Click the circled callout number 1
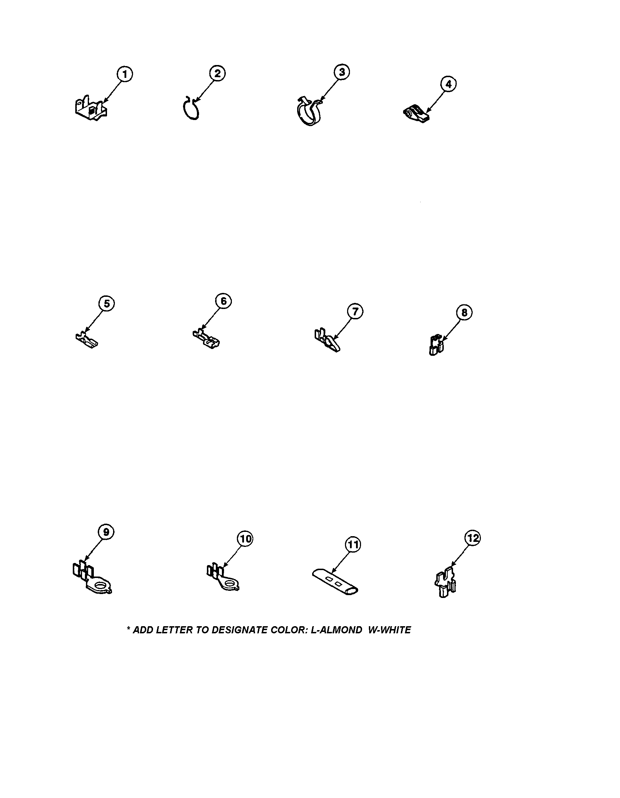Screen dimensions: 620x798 click(x=125, y=75)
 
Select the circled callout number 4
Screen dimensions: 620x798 click(x=448, y=84)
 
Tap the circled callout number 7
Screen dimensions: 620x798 click(x=355, y=312)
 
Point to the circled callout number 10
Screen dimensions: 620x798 click(x=245, y=539)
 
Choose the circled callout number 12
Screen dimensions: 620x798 click(x=473, y=538)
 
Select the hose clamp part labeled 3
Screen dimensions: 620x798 click(x=309, y=111)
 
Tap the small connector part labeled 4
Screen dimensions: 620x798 click(x=416, y=114)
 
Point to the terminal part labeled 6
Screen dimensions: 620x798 click(x=206, y=338)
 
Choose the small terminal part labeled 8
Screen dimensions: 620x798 click(x=436, y=345)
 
